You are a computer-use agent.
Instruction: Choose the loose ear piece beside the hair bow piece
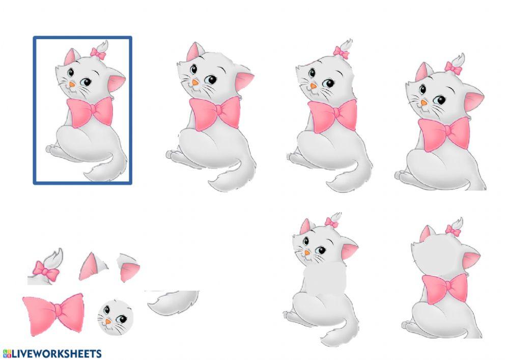(92, 267)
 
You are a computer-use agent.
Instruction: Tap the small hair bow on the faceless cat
(453, 231)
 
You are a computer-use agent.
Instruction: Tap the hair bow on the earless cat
(341, 52)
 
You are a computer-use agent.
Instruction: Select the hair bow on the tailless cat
(453, 67)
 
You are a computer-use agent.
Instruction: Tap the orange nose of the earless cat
(313, 86)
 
